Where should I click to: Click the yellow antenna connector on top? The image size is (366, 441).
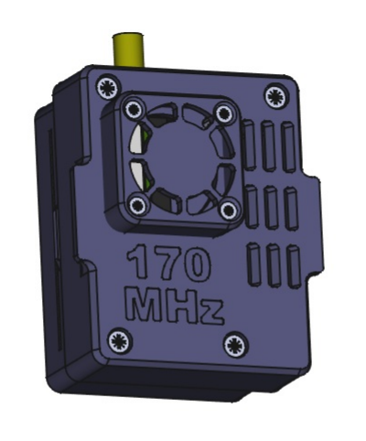tap(128, 49)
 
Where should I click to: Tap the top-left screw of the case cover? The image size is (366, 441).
tap(109, 88)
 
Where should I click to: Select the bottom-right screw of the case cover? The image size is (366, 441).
tap(235, 345)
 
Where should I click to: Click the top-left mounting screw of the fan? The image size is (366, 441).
tap(134, 110)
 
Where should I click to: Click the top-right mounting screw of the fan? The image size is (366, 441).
tap(224, 113)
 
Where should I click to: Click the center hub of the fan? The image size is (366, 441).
tap(181, 159)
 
